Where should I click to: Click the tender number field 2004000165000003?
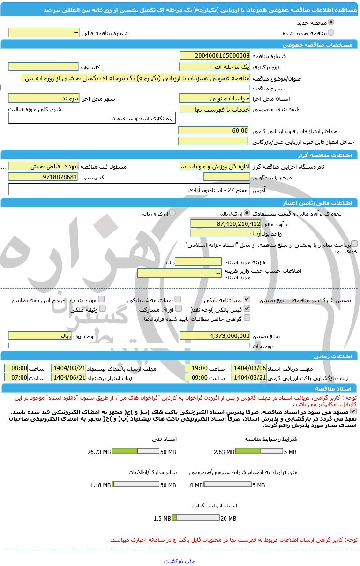tap(215, 56)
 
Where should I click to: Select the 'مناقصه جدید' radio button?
tap(331, 22)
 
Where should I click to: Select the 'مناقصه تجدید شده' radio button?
tap(331, 33)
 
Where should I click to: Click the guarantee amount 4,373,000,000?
tap(215, 335)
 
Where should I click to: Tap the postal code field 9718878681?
tap(43, 177)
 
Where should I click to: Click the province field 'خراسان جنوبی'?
tap(215, 99)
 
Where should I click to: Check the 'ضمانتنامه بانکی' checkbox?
tap(247, 299)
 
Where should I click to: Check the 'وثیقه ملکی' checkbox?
tap(103, 309)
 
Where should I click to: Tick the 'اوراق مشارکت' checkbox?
tap(178, 309)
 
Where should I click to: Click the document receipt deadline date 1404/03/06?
tap(249, 368)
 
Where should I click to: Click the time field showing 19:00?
tap(196, 368)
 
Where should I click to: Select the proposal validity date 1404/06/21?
tap(68, 377)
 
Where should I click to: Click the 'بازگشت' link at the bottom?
tap(173, 561)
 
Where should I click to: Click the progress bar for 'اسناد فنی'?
tap(136, 452)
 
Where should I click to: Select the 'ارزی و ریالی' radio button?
tap(172, 213)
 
